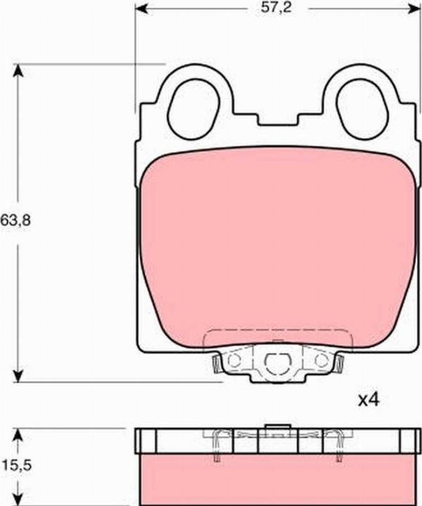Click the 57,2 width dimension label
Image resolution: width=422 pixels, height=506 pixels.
(276, 8)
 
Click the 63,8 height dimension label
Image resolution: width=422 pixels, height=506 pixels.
(15, 220)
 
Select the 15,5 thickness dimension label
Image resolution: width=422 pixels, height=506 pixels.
(17, 466)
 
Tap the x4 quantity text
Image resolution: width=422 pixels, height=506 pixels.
(369, 400)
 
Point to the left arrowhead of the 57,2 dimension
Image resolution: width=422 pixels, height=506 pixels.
(141, 9)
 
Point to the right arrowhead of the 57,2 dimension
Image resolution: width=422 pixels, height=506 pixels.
(414, 9)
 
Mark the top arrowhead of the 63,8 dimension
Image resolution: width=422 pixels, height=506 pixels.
(18, 70)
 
